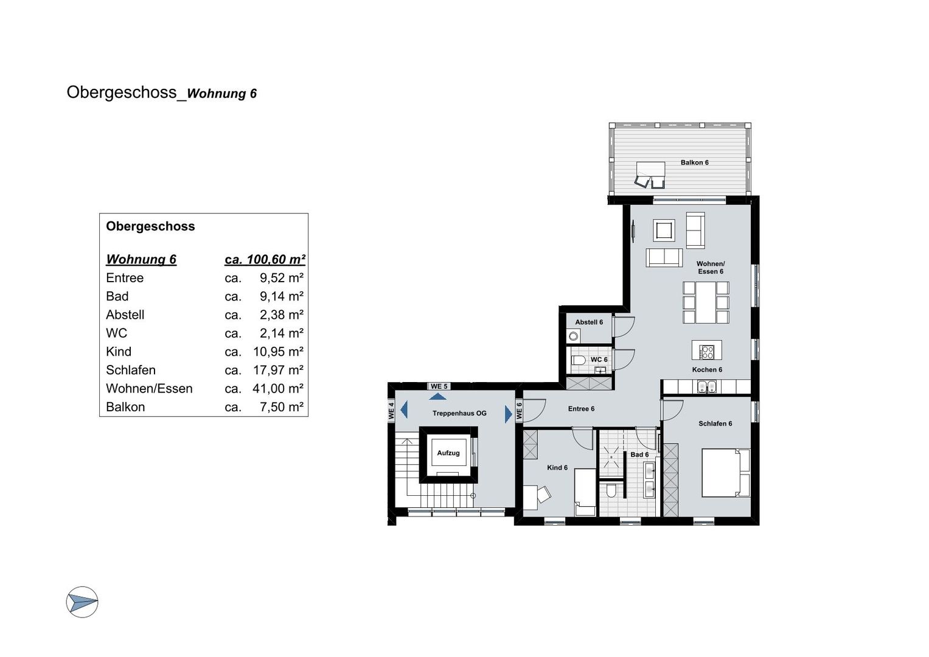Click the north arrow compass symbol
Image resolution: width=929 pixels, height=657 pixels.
pyautogui.click(x=82, y=602)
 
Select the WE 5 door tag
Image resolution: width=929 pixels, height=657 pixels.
pyautogui.click(x=439, y=386)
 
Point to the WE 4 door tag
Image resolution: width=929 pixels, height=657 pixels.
pyautogui.click(x=391, y=410)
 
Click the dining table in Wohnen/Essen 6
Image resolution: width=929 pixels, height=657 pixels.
pyautogui.click(x=706, y=302)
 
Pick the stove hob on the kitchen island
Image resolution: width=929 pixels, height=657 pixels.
pyautogui.click(x=707, y=352)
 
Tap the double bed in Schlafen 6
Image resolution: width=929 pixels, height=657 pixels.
pyautogui.click(x=725, y=473)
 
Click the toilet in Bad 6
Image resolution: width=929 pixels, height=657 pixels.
pyautogui.click(x=611, y=490)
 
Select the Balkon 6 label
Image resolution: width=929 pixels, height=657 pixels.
pyautogui.click(x=694, y=162)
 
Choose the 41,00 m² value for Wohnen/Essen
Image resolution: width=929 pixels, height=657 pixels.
pyautogui.click(x=278, y=388)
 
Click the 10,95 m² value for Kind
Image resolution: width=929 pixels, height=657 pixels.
pyautogui.click(x=278, y=352)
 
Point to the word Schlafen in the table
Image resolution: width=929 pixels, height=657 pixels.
pyautogui.click(x=131, y=370)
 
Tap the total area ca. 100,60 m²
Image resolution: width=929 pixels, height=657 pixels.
pyautogui.click(x=265, y=259)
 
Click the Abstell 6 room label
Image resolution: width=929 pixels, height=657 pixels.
pyautogui.click(x=589, y=322)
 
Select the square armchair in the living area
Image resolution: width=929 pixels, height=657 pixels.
pyautogui.click(x=664, y=230)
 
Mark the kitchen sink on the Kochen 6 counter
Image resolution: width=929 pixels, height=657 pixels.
pyautogui.click(x=706, y=387)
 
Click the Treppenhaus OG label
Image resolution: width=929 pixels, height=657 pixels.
pyautogui.click(x=459, y=413)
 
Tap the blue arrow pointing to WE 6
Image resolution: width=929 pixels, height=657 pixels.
pyautogui.click(x=509, y=414)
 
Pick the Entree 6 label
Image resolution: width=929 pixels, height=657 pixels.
pyautogui.click(x=581, y=409)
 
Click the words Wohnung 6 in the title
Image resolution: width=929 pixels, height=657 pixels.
pyautogui.click(x=222, y=93)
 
